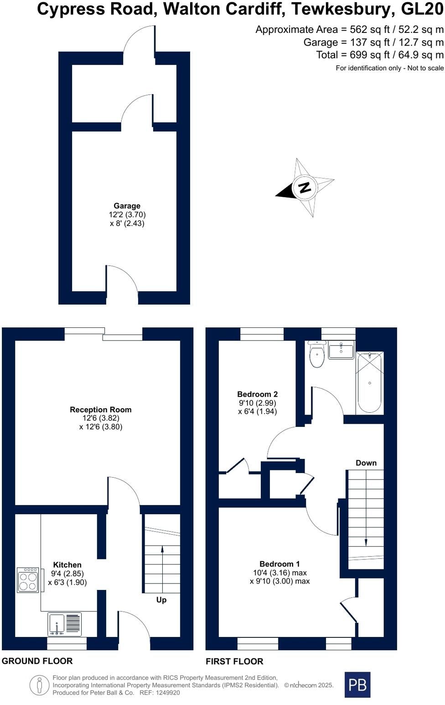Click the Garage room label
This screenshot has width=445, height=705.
click(127, 206)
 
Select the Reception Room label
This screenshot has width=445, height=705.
click(101, 410)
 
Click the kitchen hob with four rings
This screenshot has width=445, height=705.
click(28, 580)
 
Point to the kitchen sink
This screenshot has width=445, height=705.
click(65, 624)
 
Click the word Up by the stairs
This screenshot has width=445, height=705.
click(161, 600)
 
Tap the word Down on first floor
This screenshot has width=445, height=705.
click(366, 463)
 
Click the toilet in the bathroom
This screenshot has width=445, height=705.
click(317, 354)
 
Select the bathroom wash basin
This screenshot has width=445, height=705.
click(341, 350)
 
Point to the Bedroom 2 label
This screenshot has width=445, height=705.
click(258, 394)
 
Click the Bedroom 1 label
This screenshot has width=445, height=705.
click(279, 564)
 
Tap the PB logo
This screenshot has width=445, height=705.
click(357, 684)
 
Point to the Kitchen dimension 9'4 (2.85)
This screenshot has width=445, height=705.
click(67, 574)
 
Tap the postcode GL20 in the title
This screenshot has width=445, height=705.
click(422, 9)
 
